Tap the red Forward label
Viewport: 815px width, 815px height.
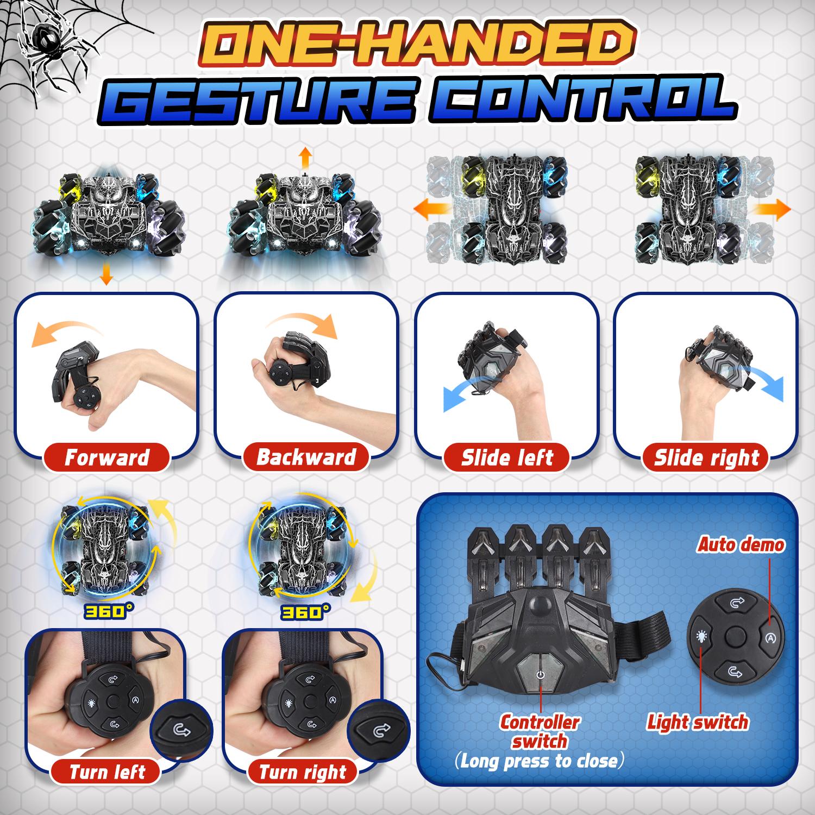pyautogui.click(x=107, y=457)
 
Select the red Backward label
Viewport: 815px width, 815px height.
pyautogui.click(x=306, y=457)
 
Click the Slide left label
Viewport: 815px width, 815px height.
pyautogui.click(x=506, y=457)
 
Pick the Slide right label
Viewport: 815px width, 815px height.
pyautogui.click(x=706, y=457)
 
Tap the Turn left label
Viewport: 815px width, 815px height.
pyautogui.click(x=107, y=772)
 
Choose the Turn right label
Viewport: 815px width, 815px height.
pyautogui.click(x=302, y=772)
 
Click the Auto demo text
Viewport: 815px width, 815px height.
pyautogui.click(x=741, y=544)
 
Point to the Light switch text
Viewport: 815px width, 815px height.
pyautogui.click(x=698, y=722)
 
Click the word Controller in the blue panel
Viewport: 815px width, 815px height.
pyautogui.click(x=539, y=722)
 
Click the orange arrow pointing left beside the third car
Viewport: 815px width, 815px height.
pyautogui.click(x=429, y=208)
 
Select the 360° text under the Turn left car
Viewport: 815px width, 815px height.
pyautogui.click(x=105, y=612)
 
